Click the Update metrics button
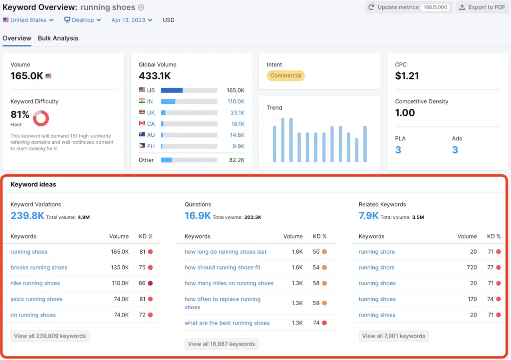pos(409,7)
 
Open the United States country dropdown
pos(28,20)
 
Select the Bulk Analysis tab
pos(58,38)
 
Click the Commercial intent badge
pos(286,76)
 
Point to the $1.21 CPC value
pos(407,76)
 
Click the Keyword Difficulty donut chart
pos(41,118)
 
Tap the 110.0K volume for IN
pos(236,101)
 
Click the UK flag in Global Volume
pos(142,112)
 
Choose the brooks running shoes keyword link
pos(38,268)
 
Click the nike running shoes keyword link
pos(35,283)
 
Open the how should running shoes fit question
pos(223,268)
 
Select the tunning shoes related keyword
pos(377,299)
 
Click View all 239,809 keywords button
pos(50,336)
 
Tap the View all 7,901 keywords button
pos(393,336)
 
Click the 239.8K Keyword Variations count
pos(27,216)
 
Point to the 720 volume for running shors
pos(472,268)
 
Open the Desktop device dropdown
pos(82,20)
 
